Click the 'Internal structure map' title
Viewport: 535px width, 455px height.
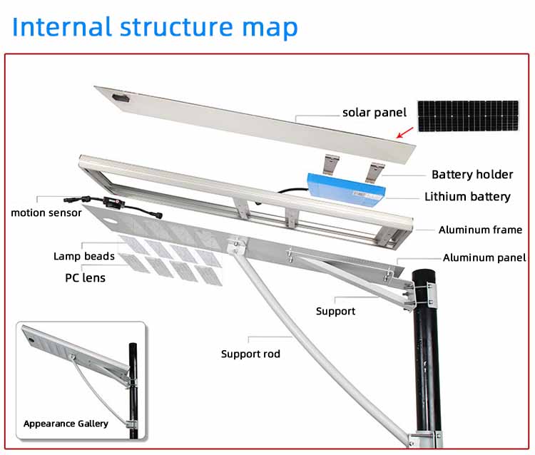click(155, 27)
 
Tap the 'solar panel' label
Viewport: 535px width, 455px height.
click(374, 112)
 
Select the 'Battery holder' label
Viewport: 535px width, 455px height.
click(472, 174)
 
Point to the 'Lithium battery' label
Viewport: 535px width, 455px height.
click(467, 196)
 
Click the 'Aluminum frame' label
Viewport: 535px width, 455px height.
click(480, 230)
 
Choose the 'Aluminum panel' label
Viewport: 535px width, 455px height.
click(484, 257)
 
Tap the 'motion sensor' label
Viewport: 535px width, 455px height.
click(46, 213)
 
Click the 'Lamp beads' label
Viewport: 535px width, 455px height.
click(83, 256)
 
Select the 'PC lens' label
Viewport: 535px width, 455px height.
click(85, 277)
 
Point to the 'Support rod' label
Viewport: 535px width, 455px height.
click(250, 354)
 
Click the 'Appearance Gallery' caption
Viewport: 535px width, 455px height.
click(66, 424)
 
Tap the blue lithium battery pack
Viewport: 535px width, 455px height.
click(345, 188)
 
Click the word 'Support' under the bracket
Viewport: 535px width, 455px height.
click(335, 311)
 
